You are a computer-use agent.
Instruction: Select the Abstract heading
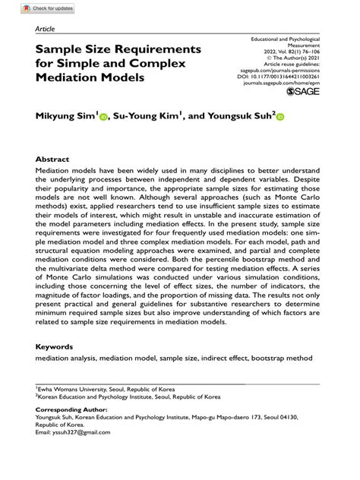click(52, 159)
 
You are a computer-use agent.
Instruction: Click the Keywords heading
click(55, 346)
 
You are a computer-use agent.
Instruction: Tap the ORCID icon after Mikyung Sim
click(104, 117)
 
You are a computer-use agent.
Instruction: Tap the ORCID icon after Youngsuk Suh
click(279, 117)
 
